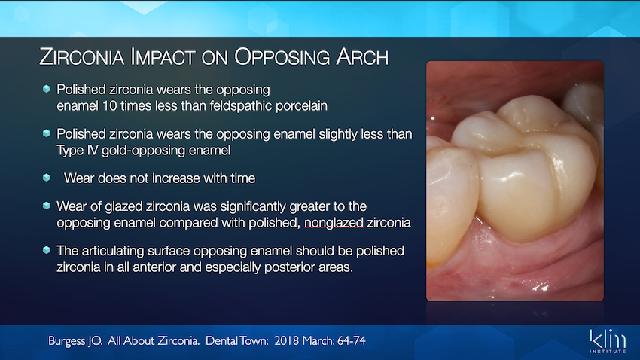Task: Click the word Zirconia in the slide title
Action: click(x=81, y=56)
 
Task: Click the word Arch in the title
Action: click(x=362, y=56)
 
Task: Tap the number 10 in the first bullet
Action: click(x=109, y=106)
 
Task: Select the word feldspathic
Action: click(x=241, y=106)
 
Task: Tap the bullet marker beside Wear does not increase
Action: click(x=47, y=178)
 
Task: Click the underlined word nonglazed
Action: click(x=334, y=223)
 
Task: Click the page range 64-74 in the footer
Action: click(x=352, y=341)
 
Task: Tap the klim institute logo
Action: click(x=608, y=341)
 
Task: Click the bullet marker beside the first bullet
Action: click(x=47, y=89)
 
